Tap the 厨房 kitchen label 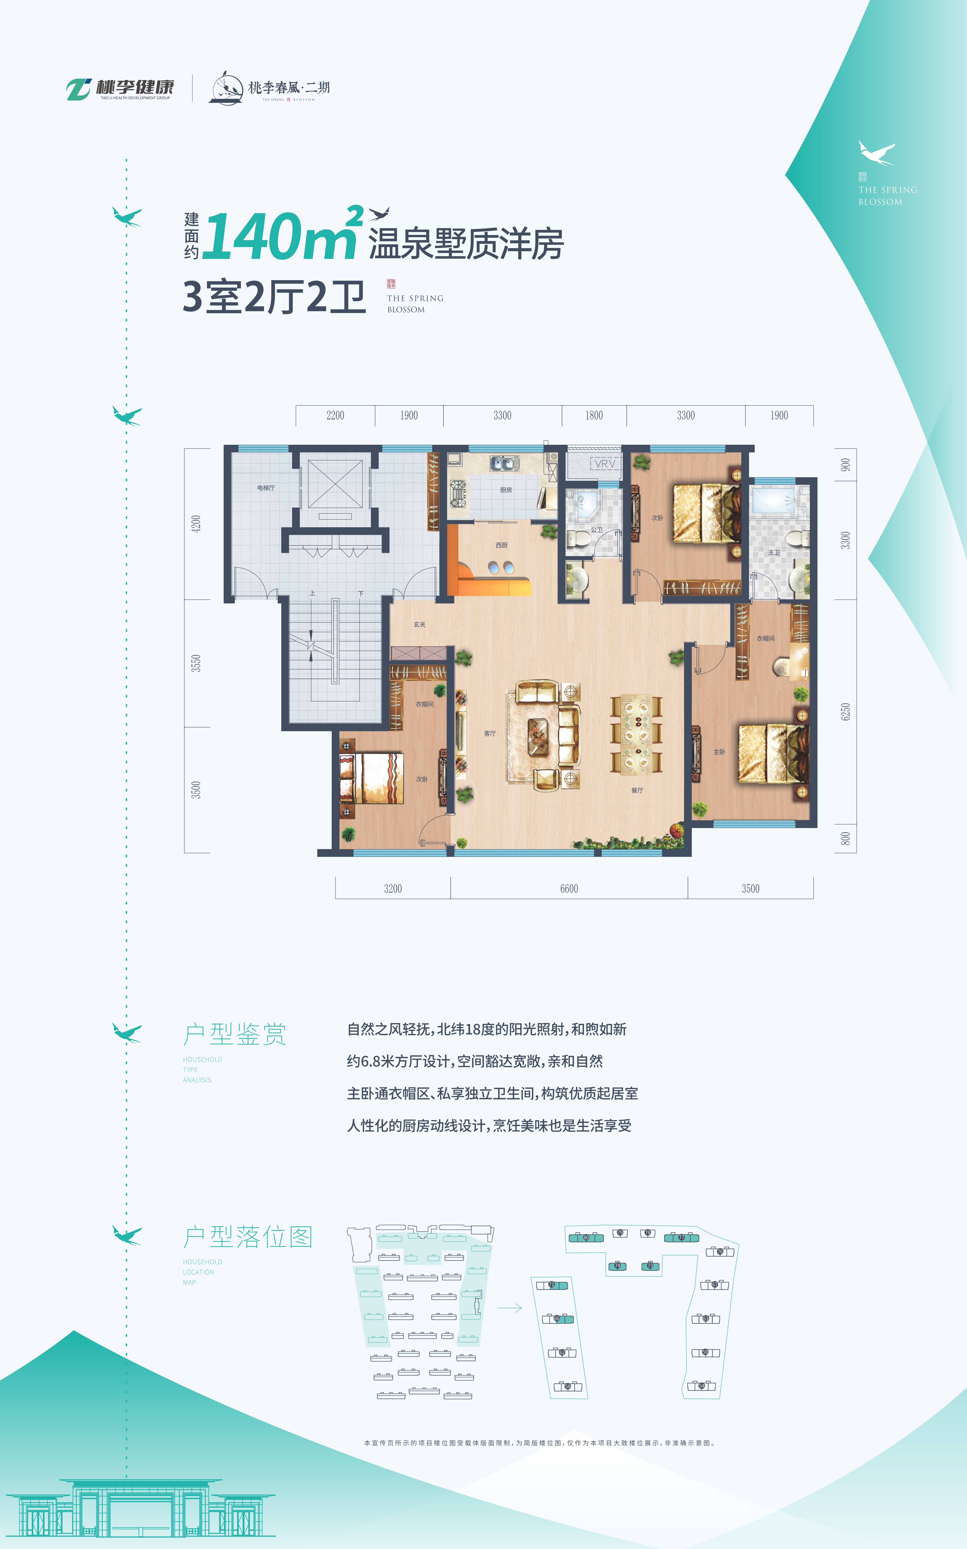point(506,490)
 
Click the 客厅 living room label point(490,734)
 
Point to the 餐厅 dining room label point(637,791)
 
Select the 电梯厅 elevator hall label point(266,488)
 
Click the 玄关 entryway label point(420,624)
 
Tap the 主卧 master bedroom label point(719,752)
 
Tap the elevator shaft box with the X point(335,484)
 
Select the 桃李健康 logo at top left point(120,89)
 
